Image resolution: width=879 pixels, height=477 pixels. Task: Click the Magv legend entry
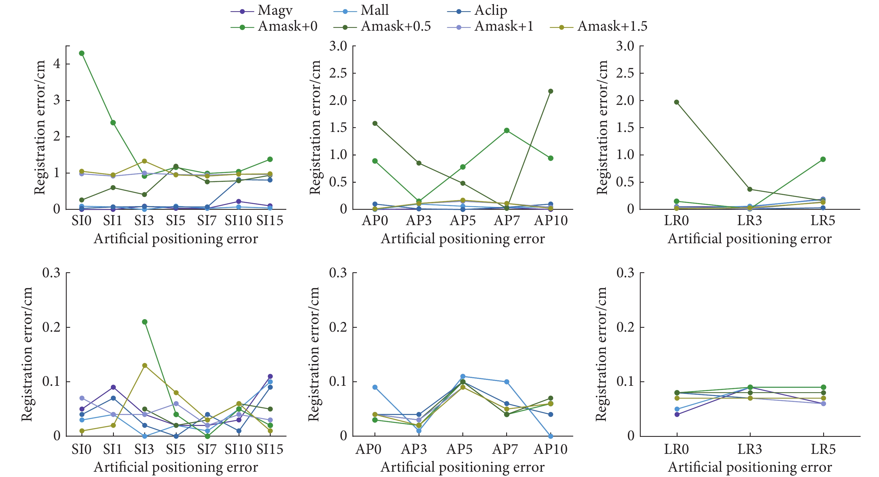tap(275, 11)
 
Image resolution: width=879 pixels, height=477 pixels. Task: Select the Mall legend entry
tap(374, 11)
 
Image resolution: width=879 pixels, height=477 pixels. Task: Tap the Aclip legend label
tap(490, 11)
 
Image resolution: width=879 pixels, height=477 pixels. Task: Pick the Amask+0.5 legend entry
tap(395, 26)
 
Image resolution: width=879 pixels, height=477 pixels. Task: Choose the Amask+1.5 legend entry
tap(612, 26)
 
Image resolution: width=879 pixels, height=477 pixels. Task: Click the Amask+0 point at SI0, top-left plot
tap(82, 53)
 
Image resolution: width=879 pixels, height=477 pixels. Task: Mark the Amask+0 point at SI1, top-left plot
tap(113, 122)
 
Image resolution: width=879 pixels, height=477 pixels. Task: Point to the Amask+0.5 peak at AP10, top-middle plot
tap(550, 91)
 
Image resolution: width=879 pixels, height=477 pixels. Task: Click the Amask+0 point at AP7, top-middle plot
tap(507, 130)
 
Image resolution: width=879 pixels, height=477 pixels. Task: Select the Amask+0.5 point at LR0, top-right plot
tap(677, 102)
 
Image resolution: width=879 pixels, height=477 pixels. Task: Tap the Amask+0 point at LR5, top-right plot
tap(823, 159)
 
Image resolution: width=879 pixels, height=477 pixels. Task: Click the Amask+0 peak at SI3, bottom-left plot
tap(145, 322)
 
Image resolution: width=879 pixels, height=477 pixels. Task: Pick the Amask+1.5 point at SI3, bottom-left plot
tap(145, 365)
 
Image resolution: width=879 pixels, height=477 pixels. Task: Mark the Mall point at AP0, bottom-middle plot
tap(375, 387)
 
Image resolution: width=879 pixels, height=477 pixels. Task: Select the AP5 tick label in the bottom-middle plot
tap(459, 449)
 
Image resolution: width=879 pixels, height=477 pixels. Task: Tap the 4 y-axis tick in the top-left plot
tap(57, 64)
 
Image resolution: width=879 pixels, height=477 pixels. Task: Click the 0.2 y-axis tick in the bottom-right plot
tap(625, 327)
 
